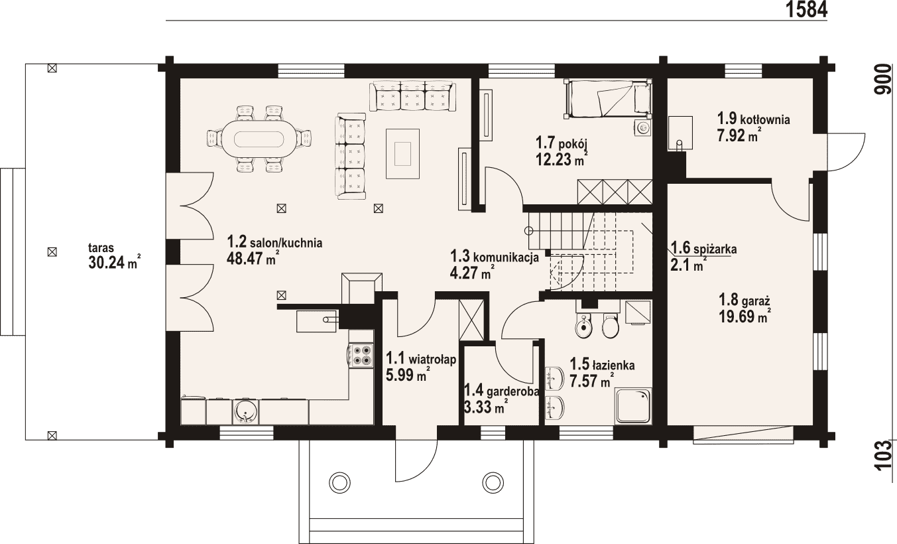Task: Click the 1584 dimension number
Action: pos(806,9)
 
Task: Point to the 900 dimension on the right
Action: pos(884,80)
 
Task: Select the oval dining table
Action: pos(259,140)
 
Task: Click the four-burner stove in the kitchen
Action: pos(361,355)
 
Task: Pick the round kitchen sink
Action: pos(245,411)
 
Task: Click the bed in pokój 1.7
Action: pos(607,99)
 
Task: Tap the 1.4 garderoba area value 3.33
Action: pos(478,408)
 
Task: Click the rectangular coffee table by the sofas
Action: pos(402,154)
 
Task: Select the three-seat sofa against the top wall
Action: pos(412,96)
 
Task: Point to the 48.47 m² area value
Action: pos(253,258)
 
